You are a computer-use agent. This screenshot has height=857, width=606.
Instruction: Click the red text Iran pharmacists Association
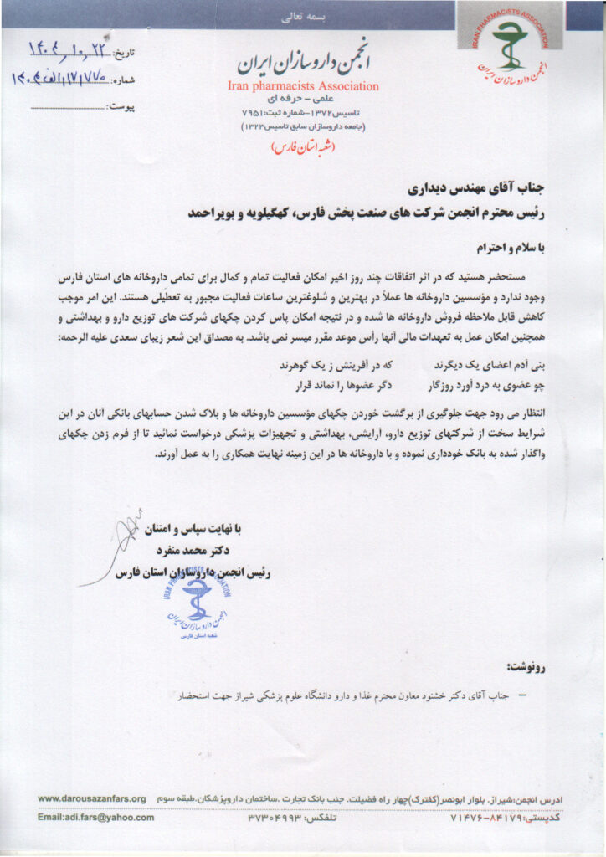[x=302, y=85]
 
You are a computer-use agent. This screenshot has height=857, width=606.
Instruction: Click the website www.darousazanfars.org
[x=92, y=799]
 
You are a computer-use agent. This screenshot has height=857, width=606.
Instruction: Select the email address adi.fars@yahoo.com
[x=96, y=818]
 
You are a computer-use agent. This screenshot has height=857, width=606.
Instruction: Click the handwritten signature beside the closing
[x=126, y=544]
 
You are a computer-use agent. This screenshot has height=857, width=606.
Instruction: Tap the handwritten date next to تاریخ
[x=72, y=51]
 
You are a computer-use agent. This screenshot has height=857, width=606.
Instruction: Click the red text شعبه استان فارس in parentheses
[x=302, y=146]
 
